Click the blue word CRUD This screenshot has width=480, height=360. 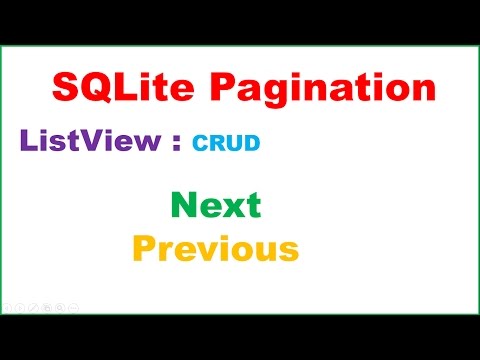[x=226, y=143]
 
